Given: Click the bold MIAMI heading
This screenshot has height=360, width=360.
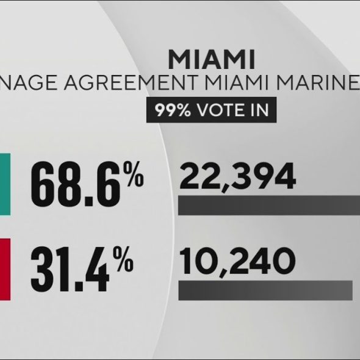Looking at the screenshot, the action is click(212, 59).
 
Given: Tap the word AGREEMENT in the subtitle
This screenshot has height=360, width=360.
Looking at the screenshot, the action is click(131, 82).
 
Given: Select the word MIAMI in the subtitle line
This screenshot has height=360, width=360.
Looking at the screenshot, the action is click(237, 82).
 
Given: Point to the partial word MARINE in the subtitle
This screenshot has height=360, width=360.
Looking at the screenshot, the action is click(318, 82).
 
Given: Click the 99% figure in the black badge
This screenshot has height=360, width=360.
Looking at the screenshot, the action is click(173, 110).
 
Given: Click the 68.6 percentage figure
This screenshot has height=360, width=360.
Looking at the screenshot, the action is click(76, 184).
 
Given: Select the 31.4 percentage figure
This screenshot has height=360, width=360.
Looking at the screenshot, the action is click(70, 269).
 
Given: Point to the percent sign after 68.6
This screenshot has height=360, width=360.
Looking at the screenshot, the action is click(134, 174).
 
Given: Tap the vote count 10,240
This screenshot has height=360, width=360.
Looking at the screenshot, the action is click(237, 262).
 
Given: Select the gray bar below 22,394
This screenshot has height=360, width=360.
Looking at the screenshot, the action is click(269, 206).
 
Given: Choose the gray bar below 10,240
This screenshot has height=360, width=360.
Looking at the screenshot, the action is click(265, 290).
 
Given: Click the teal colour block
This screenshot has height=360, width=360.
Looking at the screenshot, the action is click(5, 184).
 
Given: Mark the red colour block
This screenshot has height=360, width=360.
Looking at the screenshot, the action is click(5, 269).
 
